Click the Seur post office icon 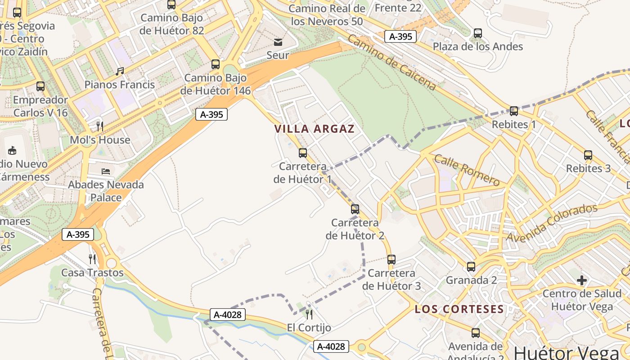click(x=278, y=42)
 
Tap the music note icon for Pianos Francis click(x=120, y=72)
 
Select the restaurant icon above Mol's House click(x=100, y=126)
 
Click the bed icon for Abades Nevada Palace click(x=106, y=171)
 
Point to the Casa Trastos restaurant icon click(x=92, y=259)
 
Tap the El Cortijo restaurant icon click(x=309, y=314)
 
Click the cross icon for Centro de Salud click(x=582, y=281)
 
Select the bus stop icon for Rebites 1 click(x=513, y=111)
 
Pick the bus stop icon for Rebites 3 click(x=588, y=155)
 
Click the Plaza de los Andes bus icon click(x=478, y=33)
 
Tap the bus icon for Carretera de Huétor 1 click(x=303, y=153)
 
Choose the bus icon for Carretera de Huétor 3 click(x=391, y=260)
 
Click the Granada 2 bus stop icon click(x=471, y=267)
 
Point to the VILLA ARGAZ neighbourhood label click(x=315, y=129)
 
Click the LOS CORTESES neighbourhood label click(x=459, y=309)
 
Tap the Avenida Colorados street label click(x=552, y=223)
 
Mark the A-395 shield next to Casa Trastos click(x=77, y=234)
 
